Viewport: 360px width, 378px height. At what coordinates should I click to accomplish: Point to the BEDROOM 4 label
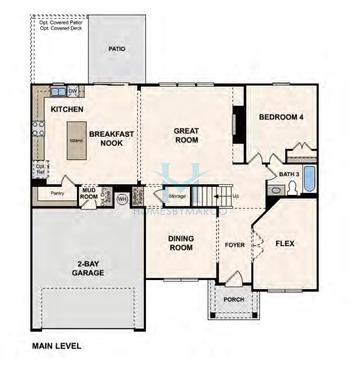282,117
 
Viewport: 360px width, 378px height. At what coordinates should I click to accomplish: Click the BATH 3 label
289,173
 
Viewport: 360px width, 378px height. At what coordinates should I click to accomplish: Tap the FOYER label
235,244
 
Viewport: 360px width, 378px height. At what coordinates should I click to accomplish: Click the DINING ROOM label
180,242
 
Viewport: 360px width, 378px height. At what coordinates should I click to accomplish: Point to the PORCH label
233,298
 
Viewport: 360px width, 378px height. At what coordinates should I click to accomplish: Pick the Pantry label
58,194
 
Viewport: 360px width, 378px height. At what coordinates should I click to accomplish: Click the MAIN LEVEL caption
55,346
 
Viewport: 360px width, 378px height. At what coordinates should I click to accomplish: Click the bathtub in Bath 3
308,182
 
